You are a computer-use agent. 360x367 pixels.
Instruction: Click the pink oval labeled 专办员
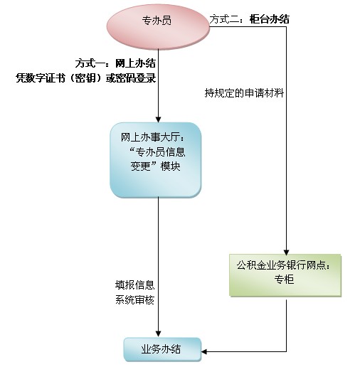point(158,26)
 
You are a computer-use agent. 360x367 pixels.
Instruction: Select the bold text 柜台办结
point(270,19)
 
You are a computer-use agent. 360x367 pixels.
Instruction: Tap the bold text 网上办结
point(135,63)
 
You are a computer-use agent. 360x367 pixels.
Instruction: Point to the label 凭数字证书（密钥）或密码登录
point(86,78)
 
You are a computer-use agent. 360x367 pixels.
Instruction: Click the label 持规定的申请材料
point(244,93)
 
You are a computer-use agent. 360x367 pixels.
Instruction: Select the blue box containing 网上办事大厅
point(156,160)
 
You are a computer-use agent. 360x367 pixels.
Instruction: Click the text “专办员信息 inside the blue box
point(158,152)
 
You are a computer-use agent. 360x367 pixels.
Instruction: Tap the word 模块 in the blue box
point(170,166)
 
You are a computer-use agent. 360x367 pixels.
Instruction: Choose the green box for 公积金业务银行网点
point(285,275)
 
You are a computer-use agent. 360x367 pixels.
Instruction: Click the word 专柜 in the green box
point(284,280)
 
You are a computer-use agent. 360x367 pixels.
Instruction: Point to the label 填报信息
point(134,285)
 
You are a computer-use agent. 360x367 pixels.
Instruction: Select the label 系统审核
point(134,300)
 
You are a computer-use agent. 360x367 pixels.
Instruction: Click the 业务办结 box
point(162,350)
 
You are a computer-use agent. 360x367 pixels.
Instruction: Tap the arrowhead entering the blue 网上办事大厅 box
point(158,119)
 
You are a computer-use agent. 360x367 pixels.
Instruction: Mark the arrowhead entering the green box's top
point(286,252)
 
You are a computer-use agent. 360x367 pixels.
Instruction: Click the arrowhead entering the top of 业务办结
point(158,334)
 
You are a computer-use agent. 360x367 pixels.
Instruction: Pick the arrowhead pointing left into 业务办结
point(204,351)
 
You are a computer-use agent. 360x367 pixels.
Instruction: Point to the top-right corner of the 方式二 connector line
point(286,26)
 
